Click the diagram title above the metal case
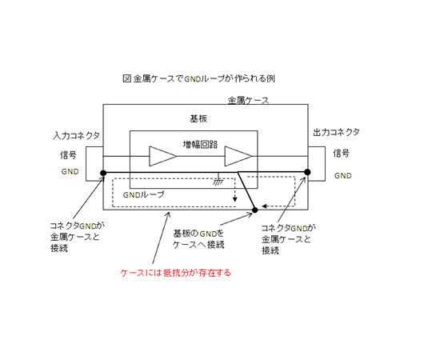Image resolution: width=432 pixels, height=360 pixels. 198,78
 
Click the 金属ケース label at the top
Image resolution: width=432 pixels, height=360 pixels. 248,100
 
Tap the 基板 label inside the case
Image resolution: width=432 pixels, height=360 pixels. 198,118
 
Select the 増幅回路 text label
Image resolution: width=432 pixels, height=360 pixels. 200,144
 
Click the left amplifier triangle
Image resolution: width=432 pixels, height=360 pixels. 162,156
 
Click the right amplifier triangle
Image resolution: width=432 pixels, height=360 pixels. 238,156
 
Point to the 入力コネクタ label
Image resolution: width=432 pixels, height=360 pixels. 76,135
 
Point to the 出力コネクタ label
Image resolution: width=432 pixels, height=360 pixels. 336,133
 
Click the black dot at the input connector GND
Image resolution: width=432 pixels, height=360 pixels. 103,173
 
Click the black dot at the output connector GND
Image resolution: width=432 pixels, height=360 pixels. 307,172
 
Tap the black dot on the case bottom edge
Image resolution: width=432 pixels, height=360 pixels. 255,210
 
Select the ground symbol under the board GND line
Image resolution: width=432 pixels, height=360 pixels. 218,182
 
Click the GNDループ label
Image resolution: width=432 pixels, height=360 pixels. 143,194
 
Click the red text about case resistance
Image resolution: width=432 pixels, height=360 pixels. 176,273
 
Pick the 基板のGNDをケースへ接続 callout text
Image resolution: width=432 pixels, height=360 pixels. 198,239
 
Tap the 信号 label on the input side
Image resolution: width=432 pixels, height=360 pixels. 68,154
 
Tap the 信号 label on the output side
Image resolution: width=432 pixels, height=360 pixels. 341,153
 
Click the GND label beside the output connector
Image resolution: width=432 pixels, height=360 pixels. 343,175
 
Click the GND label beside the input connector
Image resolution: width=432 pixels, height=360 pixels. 70,171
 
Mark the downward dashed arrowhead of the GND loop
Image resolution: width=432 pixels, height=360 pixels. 234,199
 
